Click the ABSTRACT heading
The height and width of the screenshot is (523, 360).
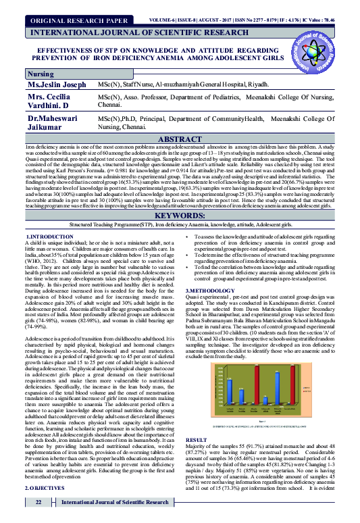[180, 138]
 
